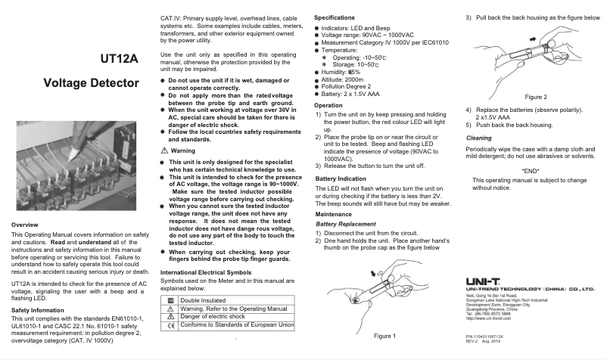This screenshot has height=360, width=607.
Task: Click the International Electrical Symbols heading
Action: [x=206, y=272]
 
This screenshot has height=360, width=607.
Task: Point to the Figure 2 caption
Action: [x=535, y=97]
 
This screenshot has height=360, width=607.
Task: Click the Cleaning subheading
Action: [x=478, y=138]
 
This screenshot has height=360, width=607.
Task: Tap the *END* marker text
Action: [x=531, y=170]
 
